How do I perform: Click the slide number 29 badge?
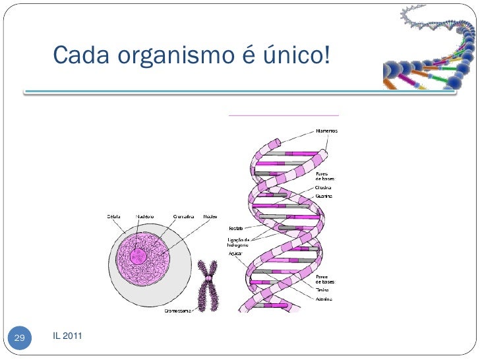coord(19,338)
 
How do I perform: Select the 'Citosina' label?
coord(324,187)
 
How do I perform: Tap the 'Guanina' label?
coord(324,196)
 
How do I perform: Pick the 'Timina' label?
coord(323,289)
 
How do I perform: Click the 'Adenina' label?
coord(324,298)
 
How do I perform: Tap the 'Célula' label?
coord(114,216)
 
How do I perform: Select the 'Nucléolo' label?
coord(145,216)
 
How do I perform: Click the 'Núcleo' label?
coord(210,216)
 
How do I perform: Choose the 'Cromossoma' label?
coord(178,309)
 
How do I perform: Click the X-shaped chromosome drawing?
coord(208,285)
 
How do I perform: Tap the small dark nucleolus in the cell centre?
coord(138,256)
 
